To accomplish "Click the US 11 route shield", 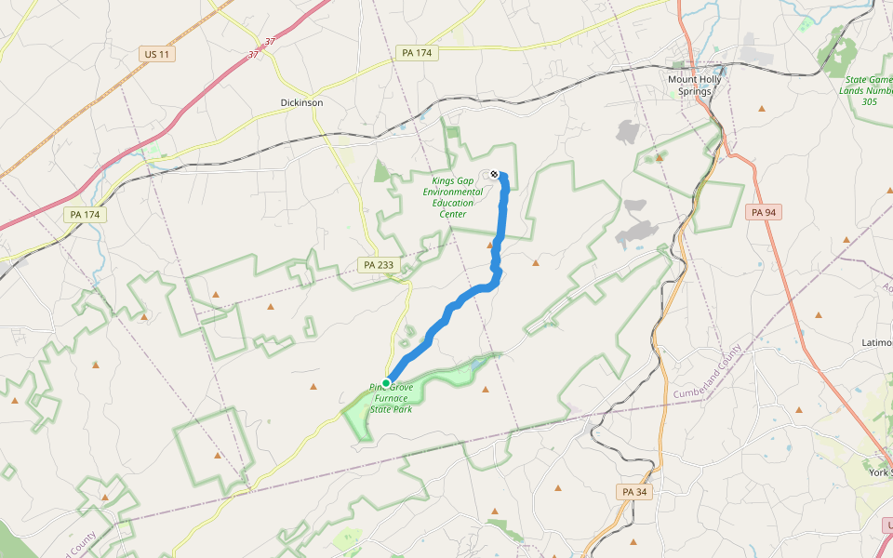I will pos(157,54).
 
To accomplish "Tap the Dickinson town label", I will pos(301,102).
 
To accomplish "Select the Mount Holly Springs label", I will pos(695,86).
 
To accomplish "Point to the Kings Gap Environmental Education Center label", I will pos(452,197).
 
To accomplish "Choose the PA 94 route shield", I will pos(763,212).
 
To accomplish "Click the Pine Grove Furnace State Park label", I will pos(391,397).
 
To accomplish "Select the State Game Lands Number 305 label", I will pos(866,90).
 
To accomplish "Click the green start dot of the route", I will pos(386,382).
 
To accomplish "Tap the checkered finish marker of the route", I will pos(494,174).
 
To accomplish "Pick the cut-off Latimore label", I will pos(876,342).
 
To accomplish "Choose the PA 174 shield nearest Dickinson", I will pos(417,53).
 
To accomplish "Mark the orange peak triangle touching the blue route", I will pos(492,246).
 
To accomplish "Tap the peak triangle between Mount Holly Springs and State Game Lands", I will pos(763,109).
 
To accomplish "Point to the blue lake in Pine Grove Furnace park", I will pos(474,365).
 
